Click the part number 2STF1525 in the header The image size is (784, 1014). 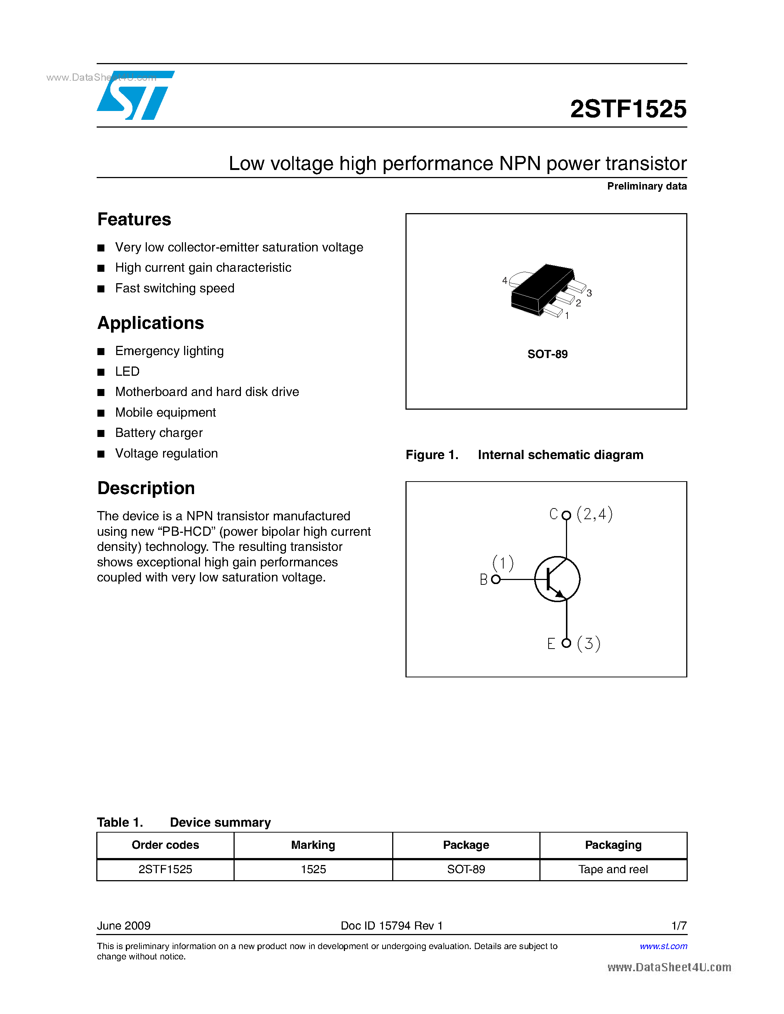(628, 110)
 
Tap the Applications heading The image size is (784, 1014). (151, 323)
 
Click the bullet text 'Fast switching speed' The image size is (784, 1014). (175, 288)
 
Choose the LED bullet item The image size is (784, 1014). (127, 371)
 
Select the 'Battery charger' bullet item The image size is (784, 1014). (159, 433)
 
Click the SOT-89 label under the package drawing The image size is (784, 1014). (547, 354)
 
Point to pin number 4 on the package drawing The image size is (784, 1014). (505, 281)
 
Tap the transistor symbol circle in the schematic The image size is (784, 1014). (557, 579)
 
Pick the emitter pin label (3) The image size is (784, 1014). (588, 643)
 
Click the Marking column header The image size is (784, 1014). (313, 845)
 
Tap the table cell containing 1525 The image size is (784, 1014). (313, 869)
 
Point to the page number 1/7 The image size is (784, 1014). (678, 926)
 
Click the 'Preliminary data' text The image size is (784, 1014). (646, 186)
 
